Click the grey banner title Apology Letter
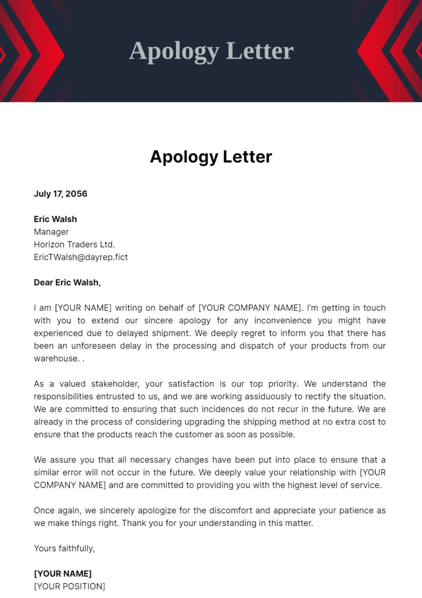coord(211,51)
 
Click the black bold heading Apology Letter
coord(211,157)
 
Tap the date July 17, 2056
coord(60,194)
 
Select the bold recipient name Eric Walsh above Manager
coord(55,219)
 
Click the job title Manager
coord(51,232)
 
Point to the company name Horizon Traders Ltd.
coord(74,244)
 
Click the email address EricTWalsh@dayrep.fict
coord(81,257)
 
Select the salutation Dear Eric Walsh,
coord(67,282)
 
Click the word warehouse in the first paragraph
coord(56,358)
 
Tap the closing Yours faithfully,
coord(64,548)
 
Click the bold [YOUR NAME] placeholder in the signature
coord(63,574)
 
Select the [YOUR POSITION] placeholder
coord(70,586)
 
